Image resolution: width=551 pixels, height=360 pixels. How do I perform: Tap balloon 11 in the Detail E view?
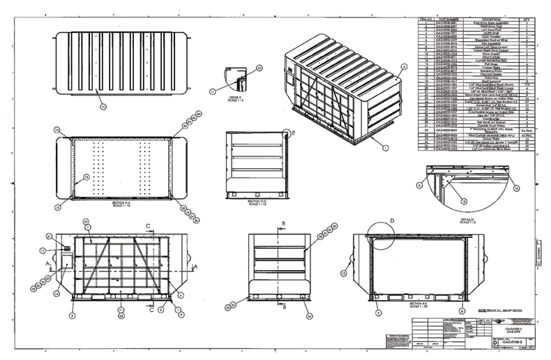click(213, 91)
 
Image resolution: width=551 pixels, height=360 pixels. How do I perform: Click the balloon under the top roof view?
click(103, 106)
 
